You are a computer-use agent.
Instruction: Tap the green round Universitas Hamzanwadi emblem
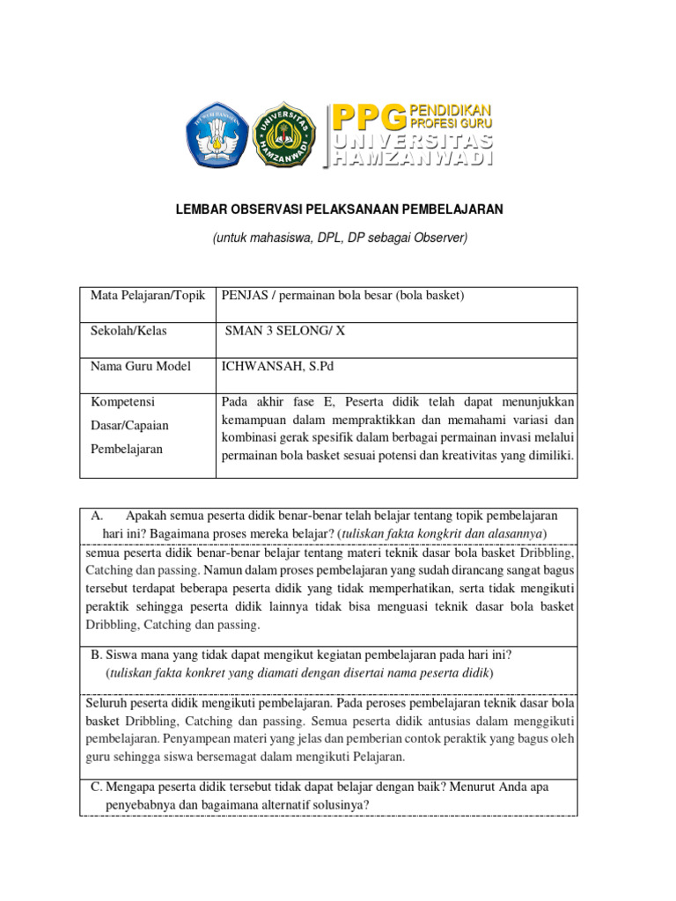coord(284,135)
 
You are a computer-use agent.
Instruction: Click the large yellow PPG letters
coord(369,115)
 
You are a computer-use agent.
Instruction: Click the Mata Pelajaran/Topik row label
coord(147,296)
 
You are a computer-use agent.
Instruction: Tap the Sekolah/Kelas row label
coord(129,331)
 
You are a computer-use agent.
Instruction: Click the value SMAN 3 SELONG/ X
coord(282,331)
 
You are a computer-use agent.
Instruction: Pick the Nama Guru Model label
coord(140,366)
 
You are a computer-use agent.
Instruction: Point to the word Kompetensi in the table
coord(122,401)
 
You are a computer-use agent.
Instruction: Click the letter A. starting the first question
coord(98,516)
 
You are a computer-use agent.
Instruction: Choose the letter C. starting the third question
coord(97,787)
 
